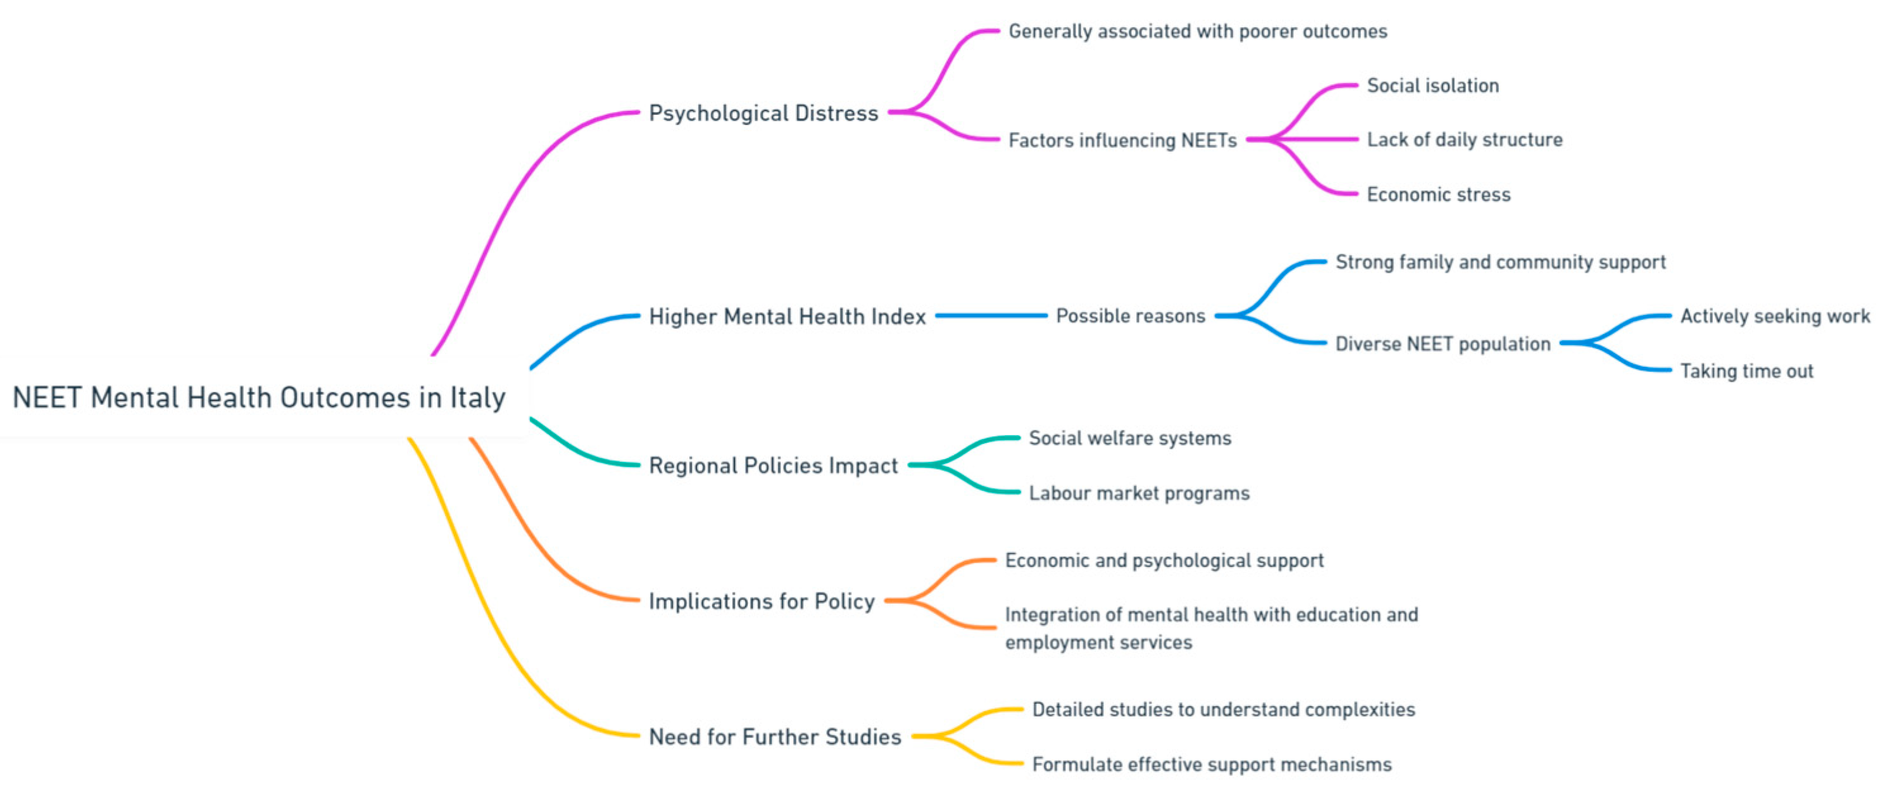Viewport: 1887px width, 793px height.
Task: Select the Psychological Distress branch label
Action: pos(763,113)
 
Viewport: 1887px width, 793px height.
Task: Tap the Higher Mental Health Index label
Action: pos(787,316)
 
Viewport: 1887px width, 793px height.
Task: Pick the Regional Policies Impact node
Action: pos(773,466)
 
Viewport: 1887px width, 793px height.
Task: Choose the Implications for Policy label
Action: pos(762,601)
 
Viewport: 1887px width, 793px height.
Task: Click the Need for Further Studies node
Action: pos(775,737)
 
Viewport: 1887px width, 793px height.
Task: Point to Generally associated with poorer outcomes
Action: pos(1198,32)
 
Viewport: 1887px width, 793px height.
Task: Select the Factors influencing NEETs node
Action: pos(1122,140)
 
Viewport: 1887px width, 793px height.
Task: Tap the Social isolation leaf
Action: pos(1433,85)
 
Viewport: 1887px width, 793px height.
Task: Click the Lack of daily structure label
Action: pos(1464,140)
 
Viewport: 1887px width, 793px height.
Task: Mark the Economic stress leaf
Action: pos(1439,195)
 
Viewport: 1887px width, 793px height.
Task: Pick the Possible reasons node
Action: pos(1131,316)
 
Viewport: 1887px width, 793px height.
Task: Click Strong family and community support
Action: pos(1500,262)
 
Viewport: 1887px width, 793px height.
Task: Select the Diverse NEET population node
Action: pos(1443,344)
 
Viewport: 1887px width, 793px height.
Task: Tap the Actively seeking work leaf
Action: pos(1775,316)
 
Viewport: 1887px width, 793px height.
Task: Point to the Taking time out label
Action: pos(1746,372)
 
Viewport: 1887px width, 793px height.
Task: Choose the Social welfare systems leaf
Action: pos(1129,439)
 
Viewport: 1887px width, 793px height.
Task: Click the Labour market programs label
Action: pos(1139,494)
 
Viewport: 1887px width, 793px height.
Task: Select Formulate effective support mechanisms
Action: pos(1212,765)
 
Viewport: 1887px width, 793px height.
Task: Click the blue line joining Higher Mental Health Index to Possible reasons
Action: pos(991,316)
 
